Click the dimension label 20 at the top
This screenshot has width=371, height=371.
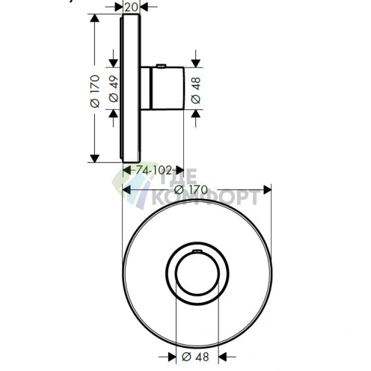tap(131, 7)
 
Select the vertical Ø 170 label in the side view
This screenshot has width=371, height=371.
tap(95, 91)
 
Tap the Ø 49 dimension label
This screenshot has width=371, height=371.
tap(114, 89)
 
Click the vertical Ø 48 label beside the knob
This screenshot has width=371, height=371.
tap(196, 91)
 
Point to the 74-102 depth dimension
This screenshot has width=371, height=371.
tap(154, 171)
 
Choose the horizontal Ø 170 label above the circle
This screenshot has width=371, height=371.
tap(191, 190)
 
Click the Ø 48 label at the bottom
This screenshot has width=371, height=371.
tap(195, 357)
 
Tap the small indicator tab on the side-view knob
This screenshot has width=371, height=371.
tap(161, 66)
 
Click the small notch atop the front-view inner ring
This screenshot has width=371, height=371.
tap(197, 251)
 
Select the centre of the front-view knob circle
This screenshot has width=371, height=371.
tap(197, 274)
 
